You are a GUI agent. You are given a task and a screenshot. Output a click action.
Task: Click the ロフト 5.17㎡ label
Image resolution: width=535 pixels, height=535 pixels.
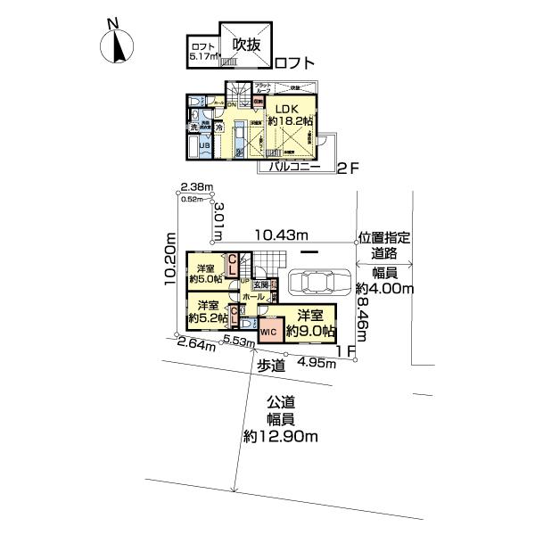pyautogui.click(x=202, y=52)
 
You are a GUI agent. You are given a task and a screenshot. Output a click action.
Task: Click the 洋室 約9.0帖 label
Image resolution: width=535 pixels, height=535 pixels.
pyautogui.click(x=309, y=322)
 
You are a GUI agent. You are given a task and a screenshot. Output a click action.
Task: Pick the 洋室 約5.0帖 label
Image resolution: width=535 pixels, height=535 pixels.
pyautogui.click(x=206, y=274)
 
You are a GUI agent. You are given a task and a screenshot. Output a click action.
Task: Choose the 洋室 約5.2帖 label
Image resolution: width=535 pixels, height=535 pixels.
pyautogui.click(x=206, y=312)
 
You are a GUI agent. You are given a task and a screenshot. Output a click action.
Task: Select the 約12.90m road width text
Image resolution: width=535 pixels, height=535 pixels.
pyautogui.click(x=282, y=437)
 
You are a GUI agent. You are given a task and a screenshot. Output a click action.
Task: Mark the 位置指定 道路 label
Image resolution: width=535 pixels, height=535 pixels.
pyautogui.click(x=384, y=246)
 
